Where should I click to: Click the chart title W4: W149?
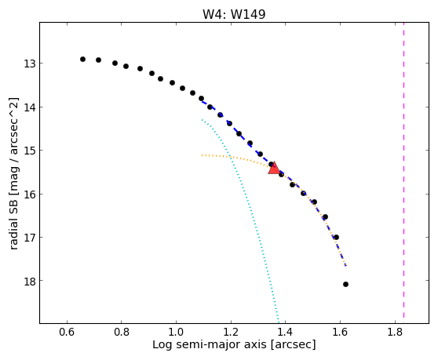(x=234, y=14)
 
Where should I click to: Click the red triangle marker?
(x=274, y=169)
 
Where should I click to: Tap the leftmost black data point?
(x=82, y=59)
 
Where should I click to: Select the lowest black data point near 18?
(x=345, y=285)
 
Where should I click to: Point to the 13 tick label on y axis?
(x=29, y=64)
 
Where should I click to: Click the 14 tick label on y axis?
(x=29, y=107)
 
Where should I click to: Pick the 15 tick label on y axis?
(x=29, y=151)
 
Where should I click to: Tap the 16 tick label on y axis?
(x=29, y=195)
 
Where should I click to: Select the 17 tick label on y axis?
(x=29, y=238)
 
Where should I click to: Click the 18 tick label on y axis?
(x=29, y=281)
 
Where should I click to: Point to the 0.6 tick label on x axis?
(x=67, y=332)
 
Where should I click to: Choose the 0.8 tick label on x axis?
(x=122, y=332)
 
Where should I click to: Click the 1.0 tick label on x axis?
(x=176, y=332)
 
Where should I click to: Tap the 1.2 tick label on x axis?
(x=231, y=332)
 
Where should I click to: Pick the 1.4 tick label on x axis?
(x=285, y=332)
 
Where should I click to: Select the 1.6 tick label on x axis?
(x=340, y=332)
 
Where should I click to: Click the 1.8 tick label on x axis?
(x=395, y=332)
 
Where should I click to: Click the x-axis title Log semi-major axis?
(x=210, y=345)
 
